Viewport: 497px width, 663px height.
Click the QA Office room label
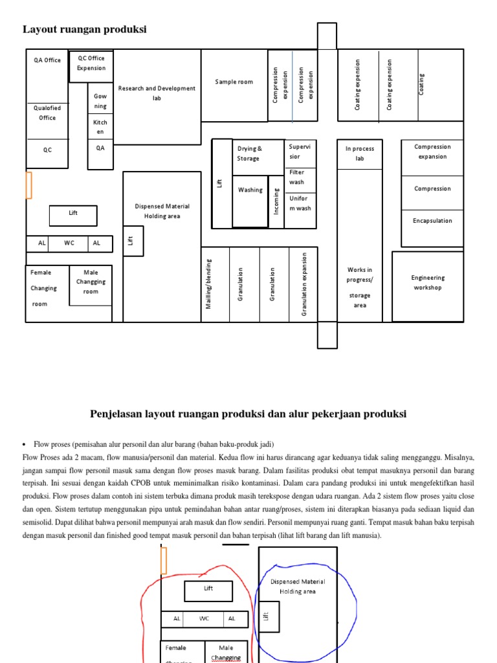47,60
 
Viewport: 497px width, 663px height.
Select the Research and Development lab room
157,93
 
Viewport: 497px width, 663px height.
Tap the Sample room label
234,82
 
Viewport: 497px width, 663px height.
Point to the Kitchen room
100,127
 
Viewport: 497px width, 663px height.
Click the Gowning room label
100,101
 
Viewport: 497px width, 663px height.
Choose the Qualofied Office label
47,113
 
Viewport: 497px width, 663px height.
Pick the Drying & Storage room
248,153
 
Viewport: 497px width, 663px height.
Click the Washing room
250,190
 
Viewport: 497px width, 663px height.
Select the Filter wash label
297,177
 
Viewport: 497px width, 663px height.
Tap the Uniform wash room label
299,203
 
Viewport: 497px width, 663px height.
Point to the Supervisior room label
295,152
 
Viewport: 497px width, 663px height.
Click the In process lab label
360,153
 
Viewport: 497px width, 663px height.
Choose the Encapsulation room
432,221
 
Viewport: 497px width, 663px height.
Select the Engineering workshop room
428,283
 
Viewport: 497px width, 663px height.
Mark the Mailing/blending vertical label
209,284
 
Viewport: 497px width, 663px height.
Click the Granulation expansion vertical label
304,284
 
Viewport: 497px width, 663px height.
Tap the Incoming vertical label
276,201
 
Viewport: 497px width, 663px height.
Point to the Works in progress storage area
360,287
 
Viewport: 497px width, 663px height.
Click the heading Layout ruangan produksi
85,29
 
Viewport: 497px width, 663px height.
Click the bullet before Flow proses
24,445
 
